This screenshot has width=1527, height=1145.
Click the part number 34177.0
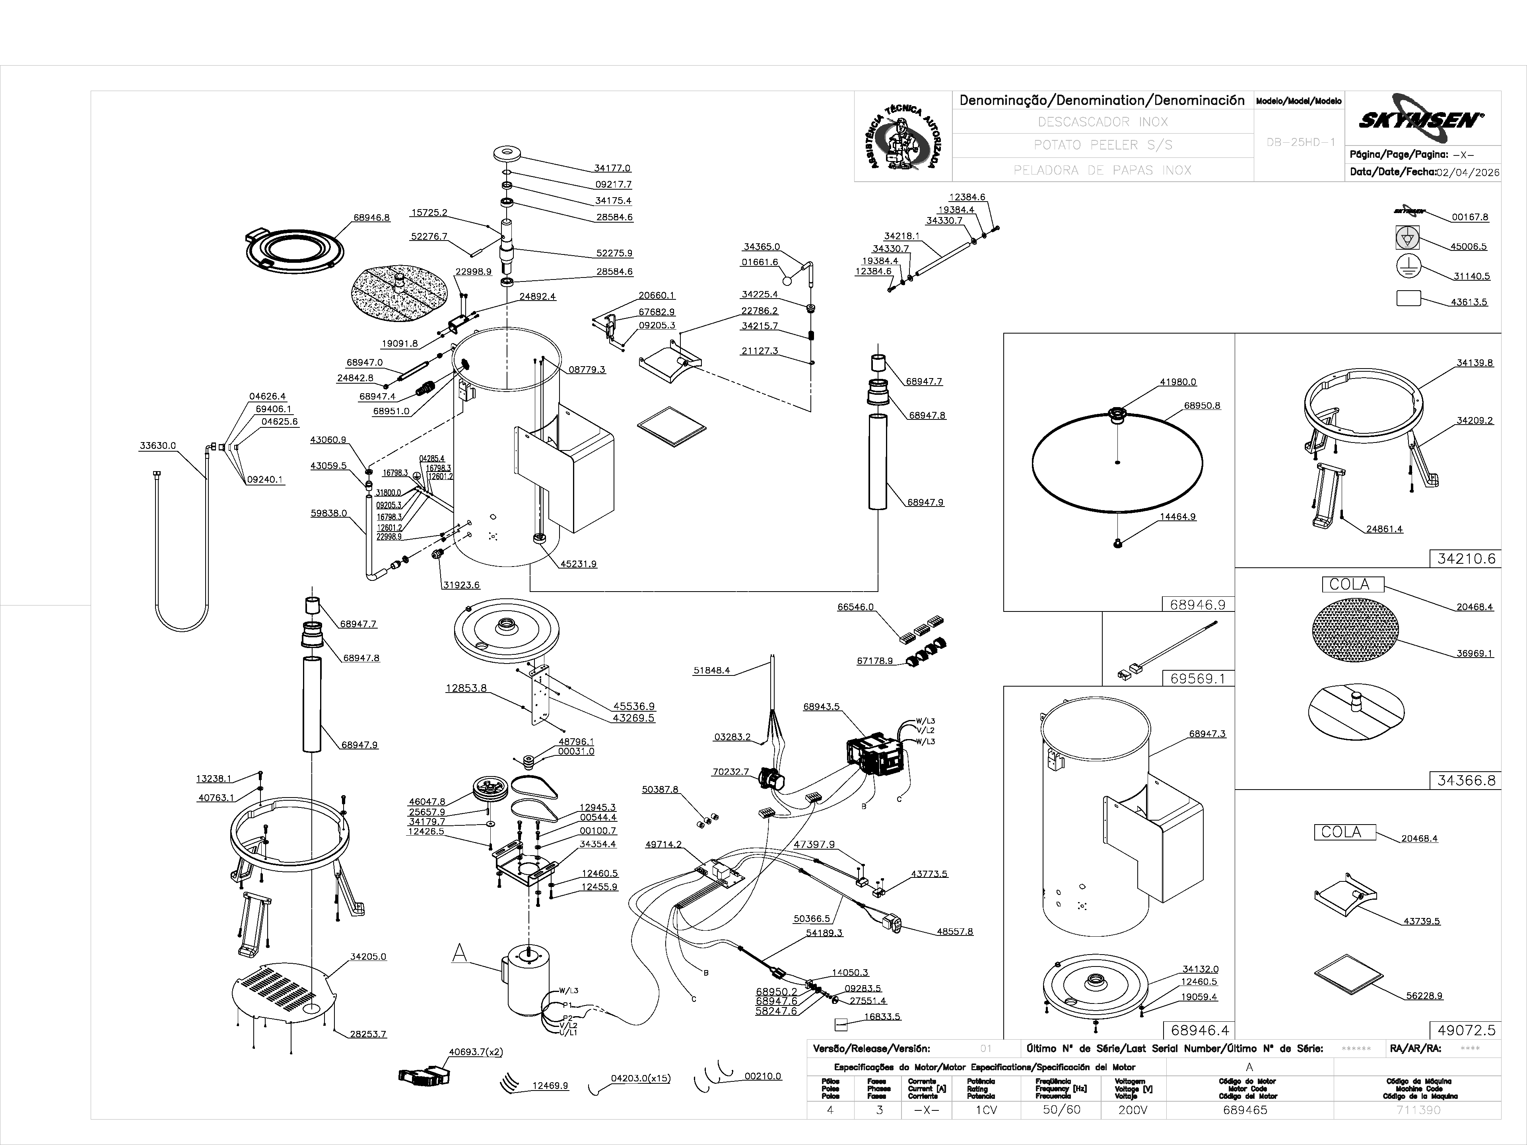click(x=612, y=168)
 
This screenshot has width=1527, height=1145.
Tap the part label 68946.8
click(x=371, y=217)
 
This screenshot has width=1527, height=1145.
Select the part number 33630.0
click(x=157, y=446)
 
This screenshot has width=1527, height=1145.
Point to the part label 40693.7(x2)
click(x=476, y=1052)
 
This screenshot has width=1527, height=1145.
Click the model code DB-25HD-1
click(x=1301, y=142)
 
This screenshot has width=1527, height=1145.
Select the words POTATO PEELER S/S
click(x=1102, y=145)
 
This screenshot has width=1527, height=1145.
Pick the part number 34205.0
click(x=368, y=957)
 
